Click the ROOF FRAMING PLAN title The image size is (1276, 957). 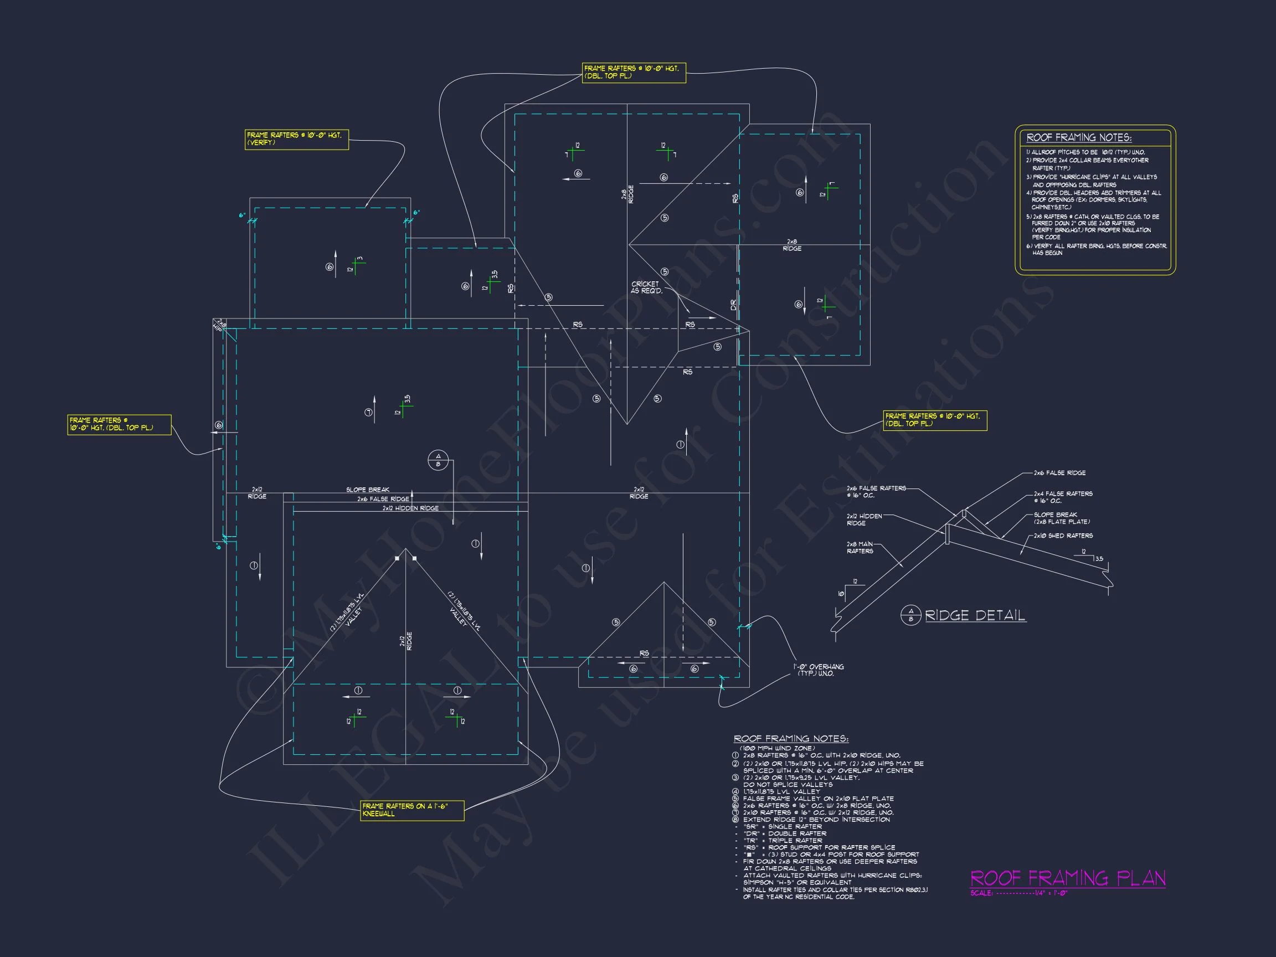click(x=1068, y=878)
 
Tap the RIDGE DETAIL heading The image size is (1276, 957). click(x=975, y=615)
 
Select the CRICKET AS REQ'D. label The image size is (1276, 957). click(x=646, y=287)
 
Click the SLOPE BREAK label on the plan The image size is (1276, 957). click(x=367, y=490)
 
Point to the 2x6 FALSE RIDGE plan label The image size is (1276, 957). click(x=383, y=499)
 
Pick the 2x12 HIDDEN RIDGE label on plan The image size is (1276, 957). click(x=410, y=508)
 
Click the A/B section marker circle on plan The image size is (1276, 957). click(x=438, y=460)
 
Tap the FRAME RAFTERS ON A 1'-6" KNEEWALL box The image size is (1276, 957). click(x=412, y=810)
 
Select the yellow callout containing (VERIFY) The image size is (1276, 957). click(x=296, y=139)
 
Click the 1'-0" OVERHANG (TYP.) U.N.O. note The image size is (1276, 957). click(x=817, y=670)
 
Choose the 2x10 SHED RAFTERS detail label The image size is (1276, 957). click(x=1063, y=536)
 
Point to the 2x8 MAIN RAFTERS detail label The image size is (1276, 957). click(x=860, y=547)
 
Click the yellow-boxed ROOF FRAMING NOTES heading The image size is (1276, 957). click(x=1079, y=137)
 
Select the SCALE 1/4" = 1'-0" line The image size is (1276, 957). click(x=1018, y=893)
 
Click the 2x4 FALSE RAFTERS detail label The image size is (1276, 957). click(x=1063, y=497)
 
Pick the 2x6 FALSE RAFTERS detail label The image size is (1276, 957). click(x=876, y=491)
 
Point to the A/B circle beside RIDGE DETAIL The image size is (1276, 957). click(x=911, y=615)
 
